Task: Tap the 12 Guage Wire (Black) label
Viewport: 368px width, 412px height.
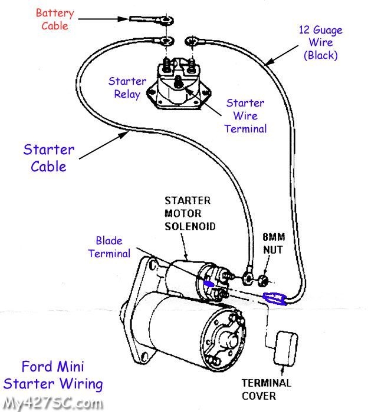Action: click(x=320, y=43)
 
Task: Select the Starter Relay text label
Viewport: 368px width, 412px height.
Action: click(x=127, y=87)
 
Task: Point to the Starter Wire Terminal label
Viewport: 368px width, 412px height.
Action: click(x=245, y=116)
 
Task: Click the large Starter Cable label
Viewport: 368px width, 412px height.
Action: click(x=49, y=158)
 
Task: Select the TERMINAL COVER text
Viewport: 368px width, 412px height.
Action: click(x=267, y=388)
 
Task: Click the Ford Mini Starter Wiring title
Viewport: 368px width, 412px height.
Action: click(x=53, y=376)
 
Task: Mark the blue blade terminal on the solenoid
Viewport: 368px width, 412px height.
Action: click(x=209, y=284)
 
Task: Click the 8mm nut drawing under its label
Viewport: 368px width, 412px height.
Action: click(x=264, y=276)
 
